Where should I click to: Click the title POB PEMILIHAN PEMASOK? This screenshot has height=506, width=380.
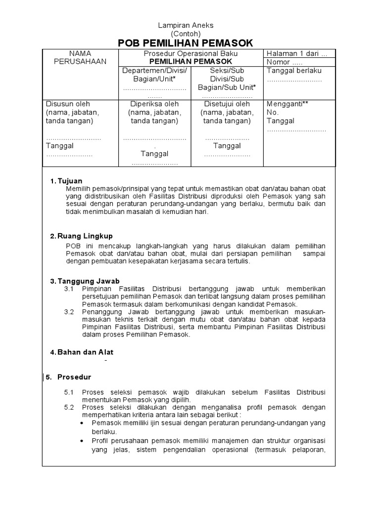[186, 43]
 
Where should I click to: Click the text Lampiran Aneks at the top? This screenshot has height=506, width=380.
[185, 25]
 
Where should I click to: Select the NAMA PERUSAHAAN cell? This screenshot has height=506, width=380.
[81, 57]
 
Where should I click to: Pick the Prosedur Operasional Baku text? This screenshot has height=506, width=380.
[190, 53]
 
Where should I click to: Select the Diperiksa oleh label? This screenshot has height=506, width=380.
[154, 104]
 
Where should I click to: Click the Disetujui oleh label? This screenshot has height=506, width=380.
[227, 104]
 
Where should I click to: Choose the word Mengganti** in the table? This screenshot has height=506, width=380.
[287, 104]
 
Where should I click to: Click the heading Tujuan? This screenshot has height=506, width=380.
[70, 181]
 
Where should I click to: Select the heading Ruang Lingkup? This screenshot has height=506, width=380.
[85, 236]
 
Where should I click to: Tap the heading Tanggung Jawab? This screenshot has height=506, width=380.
[89, 281]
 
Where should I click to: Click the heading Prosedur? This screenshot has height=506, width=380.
[74, 377]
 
